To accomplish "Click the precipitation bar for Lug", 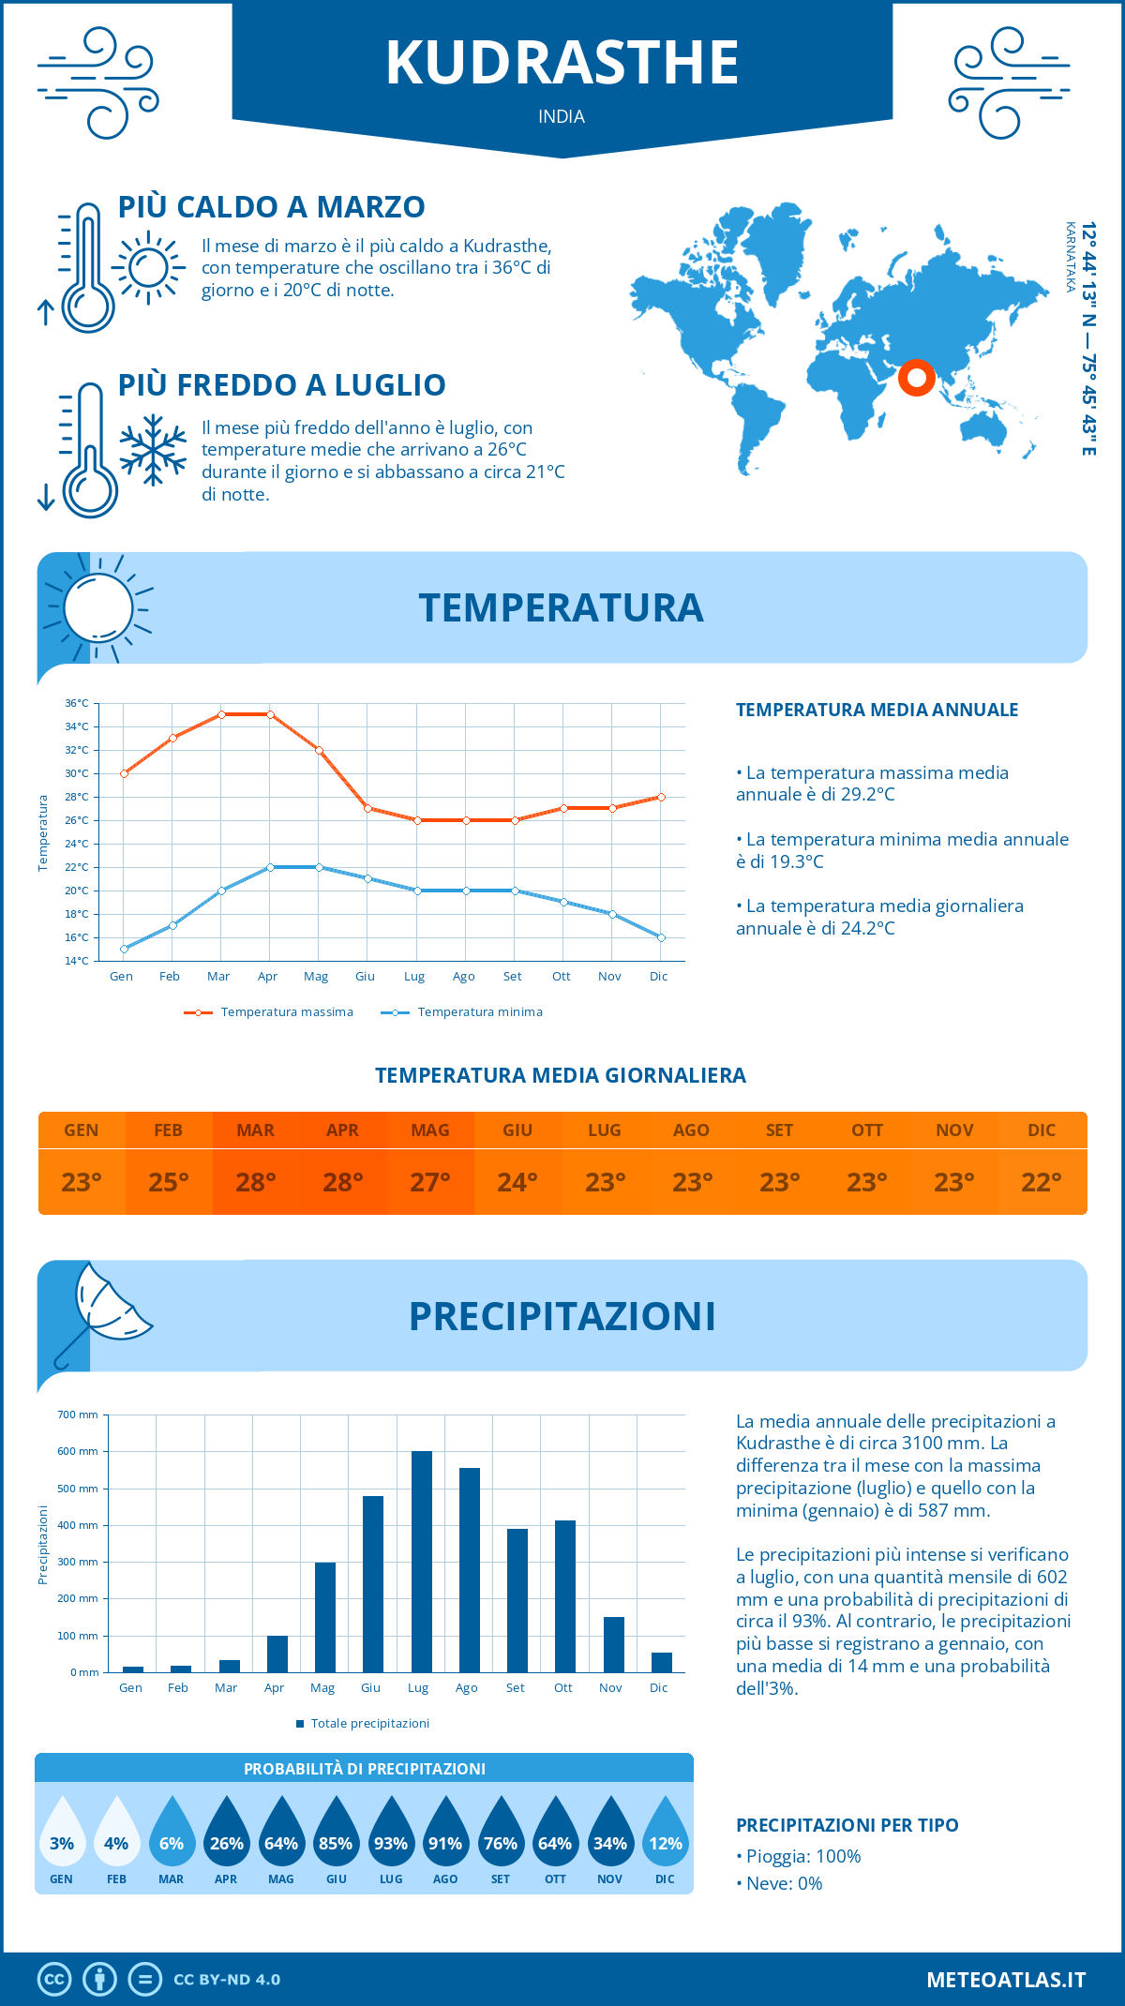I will tap(422, 1562).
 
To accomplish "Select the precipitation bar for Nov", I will tap(614, 1644).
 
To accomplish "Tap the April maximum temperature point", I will tap(270, 714).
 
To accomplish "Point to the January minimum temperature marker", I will tap(124, 949).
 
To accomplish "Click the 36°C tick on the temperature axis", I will tap(77, 703).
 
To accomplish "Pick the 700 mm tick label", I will tap(78, 1415).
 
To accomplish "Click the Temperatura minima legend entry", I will tap(462, 1012).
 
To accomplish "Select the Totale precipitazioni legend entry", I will tap(363, 1723).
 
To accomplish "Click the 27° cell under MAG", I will tap(430, 1182).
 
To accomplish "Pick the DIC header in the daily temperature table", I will tap(1042, 1130).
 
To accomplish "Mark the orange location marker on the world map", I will tap(916, 378).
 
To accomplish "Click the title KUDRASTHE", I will tap(562, 64).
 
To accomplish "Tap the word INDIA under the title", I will tap(562, 117).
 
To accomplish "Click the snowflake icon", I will tap(153, 450).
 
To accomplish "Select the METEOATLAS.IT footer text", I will tap(1005, 1980).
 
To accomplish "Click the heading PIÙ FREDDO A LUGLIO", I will tap(282, 385).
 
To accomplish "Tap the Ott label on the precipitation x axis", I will tap(562, 1687).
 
